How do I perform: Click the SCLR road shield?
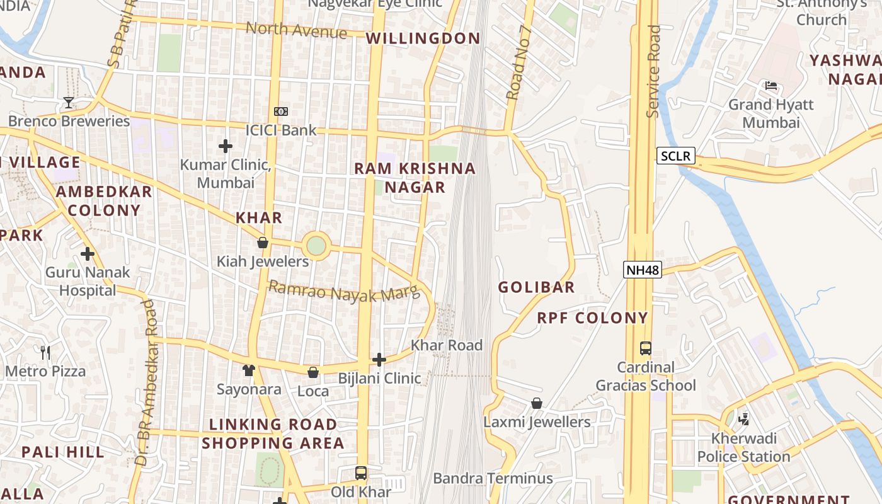[676, 156]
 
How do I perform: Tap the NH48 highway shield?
[643, 270]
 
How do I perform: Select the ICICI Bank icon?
[281, 112]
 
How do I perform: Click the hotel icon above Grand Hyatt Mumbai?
[770, 86]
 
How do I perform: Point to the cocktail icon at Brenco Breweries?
[69, 102]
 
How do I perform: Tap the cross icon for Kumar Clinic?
[225, 146]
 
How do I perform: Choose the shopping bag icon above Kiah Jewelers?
[263, 243]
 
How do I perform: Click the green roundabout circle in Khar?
[316, 246]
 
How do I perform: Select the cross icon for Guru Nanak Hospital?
[87, 254]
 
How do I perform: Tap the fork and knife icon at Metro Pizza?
[45, 352]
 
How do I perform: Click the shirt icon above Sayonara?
[249, 370]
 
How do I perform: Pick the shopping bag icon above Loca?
[312, 372]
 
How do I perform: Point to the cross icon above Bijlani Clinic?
[379, 360]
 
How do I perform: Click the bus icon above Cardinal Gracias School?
[645, 348]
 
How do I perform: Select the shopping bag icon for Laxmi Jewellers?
[537, 403]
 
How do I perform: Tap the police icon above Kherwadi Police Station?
[743, 419]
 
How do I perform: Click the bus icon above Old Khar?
[361, 472]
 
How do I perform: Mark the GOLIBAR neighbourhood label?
[536, 287]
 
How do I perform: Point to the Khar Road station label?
[447, 345]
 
